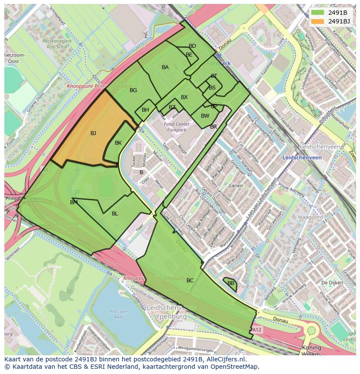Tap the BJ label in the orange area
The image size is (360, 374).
[93, 133]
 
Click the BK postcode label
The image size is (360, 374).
[118, 143]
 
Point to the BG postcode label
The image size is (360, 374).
[133, 90]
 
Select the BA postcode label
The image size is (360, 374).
[165, 67]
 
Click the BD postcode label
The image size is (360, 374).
[192, 46]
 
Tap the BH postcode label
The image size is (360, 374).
[145, 110]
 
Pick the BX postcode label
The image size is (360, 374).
[184, 97]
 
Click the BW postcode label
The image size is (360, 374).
[205, 116]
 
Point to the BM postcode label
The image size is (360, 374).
[74, 202]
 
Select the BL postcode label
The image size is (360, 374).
[115, 214]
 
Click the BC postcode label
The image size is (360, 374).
[190, 281]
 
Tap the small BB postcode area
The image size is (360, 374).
[231, 283]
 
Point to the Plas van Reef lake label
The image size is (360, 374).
[118, 314]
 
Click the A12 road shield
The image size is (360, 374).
[258, 331]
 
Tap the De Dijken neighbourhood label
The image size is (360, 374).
[330, 283]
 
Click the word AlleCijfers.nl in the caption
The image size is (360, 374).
[226, 360]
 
